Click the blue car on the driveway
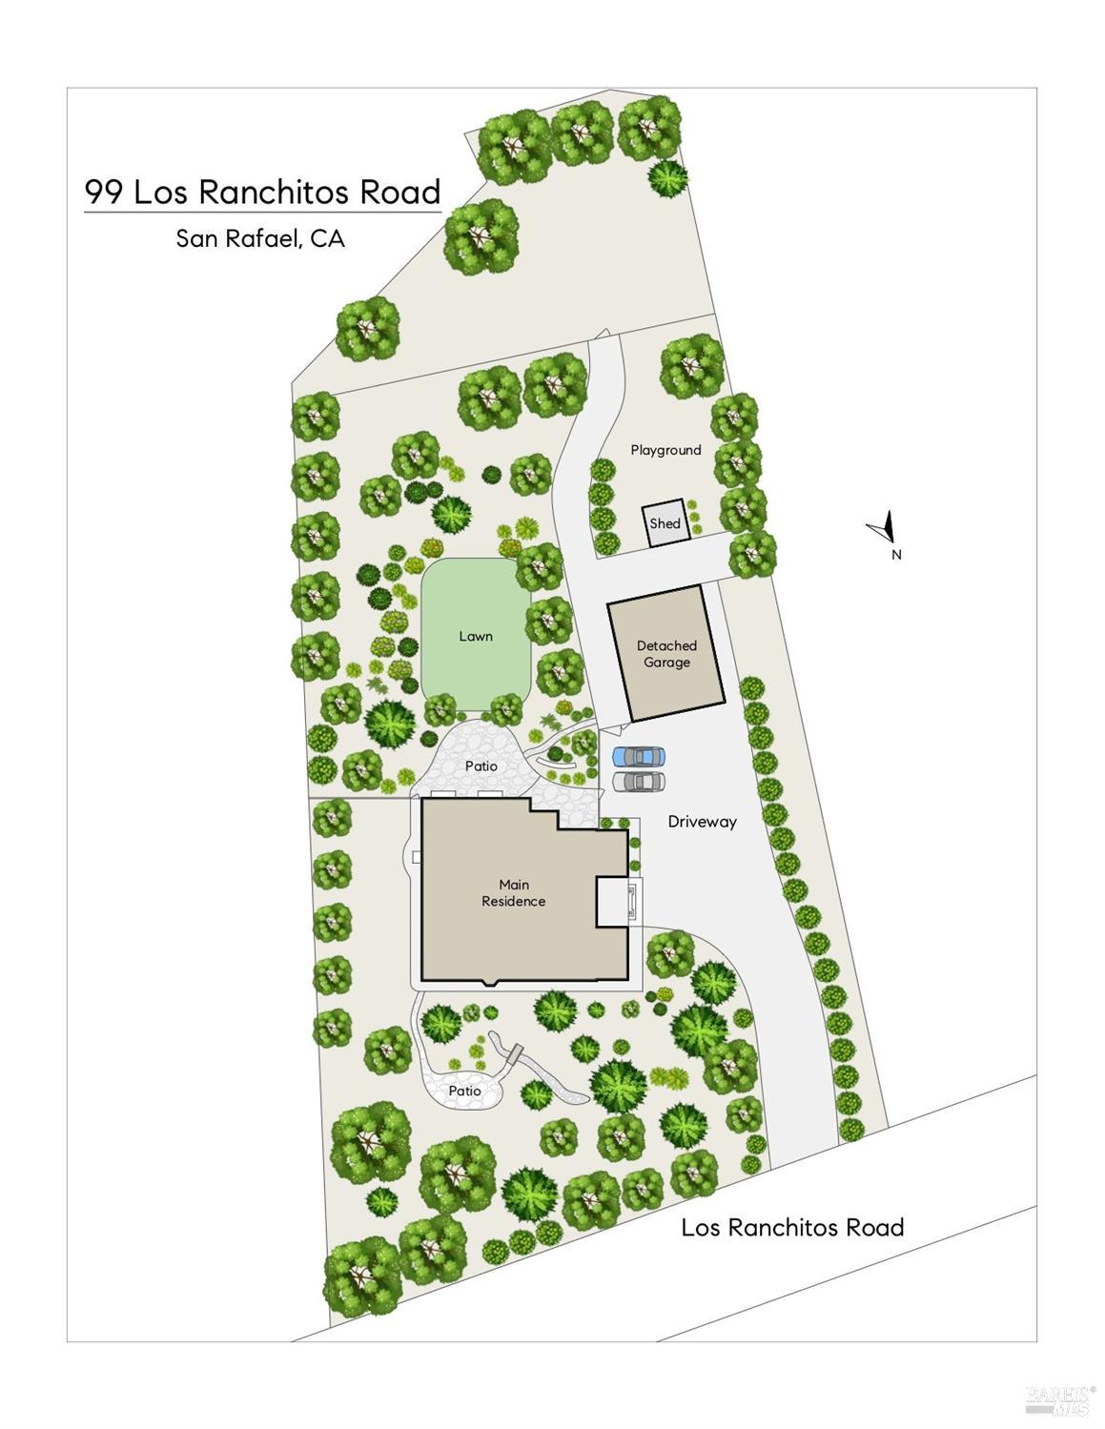[x=638, y=757]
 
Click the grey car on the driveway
[x=638, y=782]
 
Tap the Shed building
[x=665, y=523]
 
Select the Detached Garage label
[x=666, y=654]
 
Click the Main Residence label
[x=513, y=893]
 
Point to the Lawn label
[x=475, y=636]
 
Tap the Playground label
[x=665, y=450]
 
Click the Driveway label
[x=703, y=822]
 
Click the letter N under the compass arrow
[x=896, y=556]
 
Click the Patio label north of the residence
[x=481, y=766]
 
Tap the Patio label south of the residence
[x=464, y=1091]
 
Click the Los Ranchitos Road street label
[x=791, y=1227]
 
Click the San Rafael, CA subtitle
[x=259, y=238]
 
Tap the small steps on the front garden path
[x=515, y=1055]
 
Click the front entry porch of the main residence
[x=619, y=902]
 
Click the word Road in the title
[x=400, y=193]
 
